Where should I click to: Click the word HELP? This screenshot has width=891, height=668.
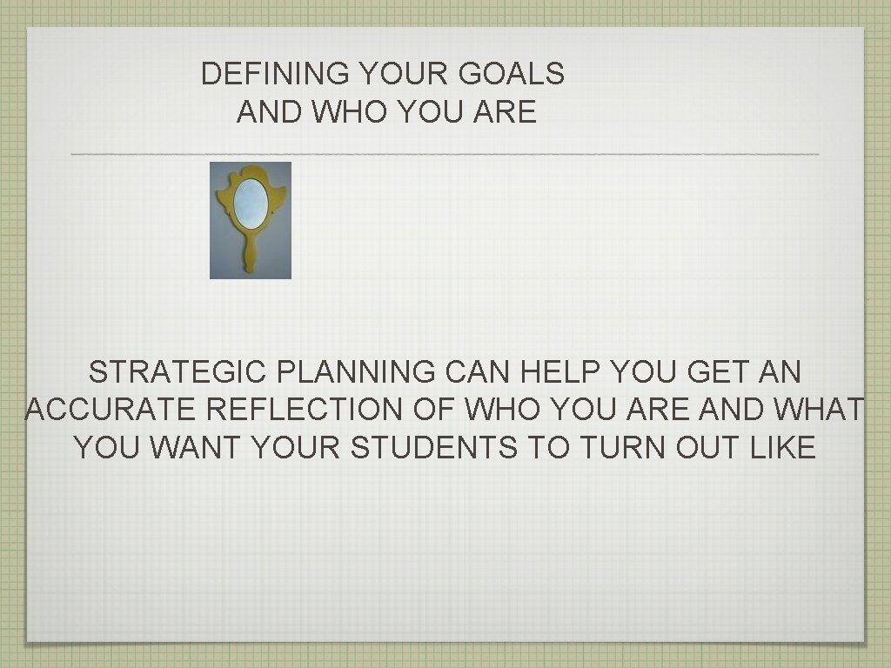click(554, 372)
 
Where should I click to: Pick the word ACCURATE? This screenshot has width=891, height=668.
click(102, 410)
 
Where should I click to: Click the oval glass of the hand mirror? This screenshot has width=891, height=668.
click(251, 203)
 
